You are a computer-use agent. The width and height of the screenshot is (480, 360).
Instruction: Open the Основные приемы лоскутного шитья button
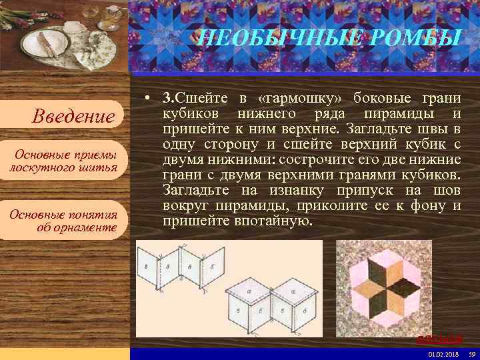[x=64, y=161]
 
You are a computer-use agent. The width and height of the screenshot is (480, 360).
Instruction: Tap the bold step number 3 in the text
[x=167, y=99]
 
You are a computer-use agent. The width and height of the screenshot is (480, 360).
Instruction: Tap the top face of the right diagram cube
[x=289, y=289]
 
